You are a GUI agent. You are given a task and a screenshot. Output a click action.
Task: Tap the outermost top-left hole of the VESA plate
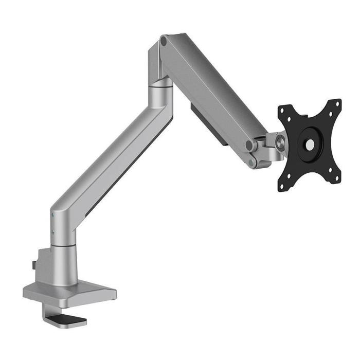[282, 110]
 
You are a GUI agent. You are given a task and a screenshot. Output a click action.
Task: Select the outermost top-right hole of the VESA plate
[338, 103]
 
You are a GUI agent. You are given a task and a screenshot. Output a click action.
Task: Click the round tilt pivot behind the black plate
[281, 139]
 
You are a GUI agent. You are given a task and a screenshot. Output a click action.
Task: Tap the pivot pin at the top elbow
[164, 40]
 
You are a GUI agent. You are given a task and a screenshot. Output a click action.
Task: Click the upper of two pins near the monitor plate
[250, 146]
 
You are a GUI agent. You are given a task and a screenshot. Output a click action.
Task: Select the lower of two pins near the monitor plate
[252, 163]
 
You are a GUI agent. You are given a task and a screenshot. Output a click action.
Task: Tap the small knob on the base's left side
[32, 265]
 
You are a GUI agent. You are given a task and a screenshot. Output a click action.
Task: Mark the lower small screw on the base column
[53, 232]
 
